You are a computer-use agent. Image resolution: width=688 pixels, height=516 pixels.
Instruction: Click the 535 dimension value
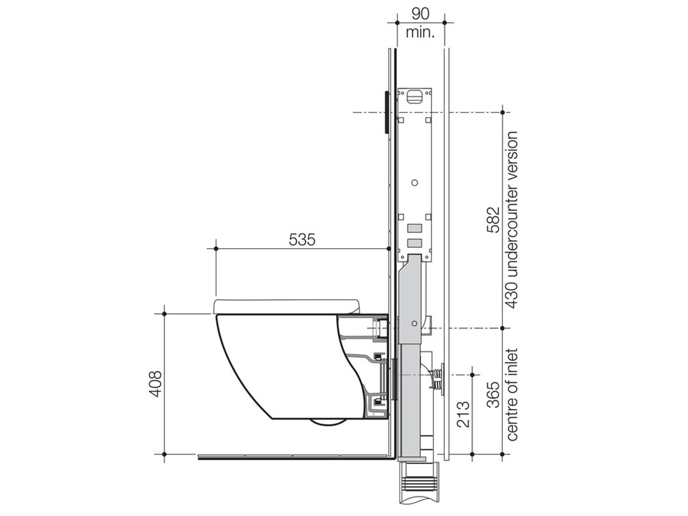pos(302,240)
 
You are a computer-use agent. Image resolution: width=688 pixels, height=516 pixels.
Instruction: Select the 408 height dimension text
pos(155,384)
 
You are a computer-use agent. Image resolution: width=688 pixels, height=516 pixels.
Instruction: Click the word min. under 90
pos(420,32)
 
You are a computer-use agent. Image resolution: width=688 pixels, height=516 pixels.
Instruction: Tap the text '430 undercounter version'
pos(512,220)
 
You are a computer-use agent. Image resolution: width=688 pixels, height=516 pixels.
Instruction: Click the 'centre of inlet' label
pos(512,394)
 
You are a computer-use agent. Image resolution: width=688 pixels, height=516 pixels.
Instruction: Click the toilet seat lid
pos(287,306)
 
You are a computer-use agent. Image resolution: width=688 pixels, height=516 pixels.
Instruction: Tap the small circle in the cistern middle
pos(416,184)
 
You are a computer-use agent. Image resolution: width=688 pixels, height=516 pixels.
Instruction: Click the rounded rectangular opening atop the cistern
pos(415,95)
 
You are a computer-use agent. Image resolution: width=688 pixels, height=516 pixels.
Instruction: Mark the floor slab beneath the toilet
pos(295,457)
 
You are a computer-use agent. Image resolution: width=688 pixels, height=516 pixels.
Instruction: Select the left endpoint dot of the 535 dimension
pos(216,248)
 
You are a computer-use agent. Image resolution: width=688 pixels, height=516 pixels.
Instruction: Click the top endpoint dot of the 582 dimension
pos(502,112)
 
